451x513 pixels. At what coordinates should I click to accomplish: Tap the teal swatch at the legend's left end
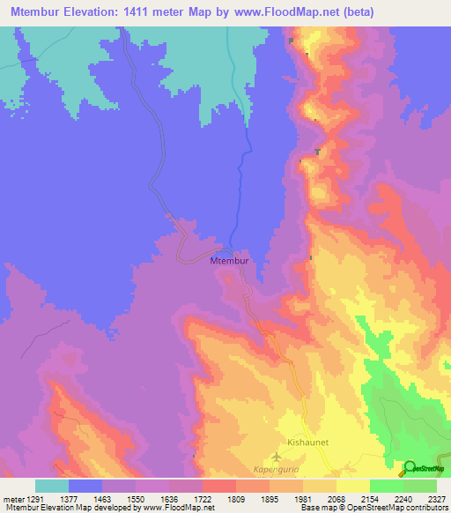coord(51,486)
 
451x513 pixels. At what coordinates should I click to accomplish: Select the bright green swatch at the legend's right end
coord(419,486)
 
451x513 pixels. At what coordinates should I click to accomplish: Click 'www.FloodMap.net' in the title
coord(287,11)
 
